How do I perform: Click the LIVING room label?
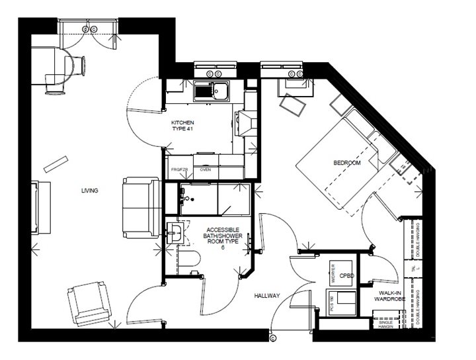(90, 191)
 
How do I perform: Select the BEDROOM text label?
(347, 162)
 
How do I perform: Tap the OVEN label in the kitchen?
(206, 170)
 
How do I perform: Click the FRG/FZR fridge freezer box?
(180, 170)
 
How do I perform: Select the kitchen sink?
(212, 91)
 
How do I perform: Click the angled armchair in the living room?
(90, 303)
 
